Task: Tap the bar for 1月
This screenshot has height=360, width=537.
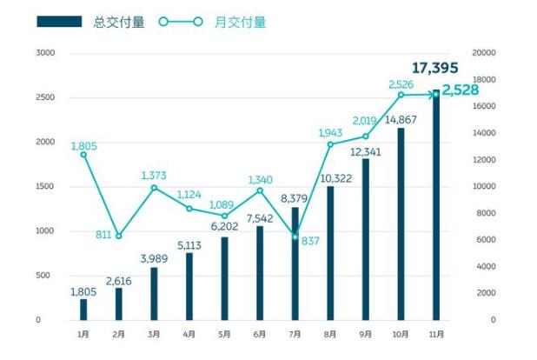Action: [83, 310]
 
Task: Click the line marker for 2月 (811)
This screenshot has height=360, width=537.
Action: [119, 236]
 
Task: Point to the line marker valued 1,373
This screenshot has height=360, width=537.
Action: [154, 187]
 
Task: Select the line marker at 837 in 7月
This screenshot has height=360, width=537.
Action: [295, 237]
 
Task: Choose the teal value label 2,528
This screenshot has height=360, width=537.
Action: [461, 89]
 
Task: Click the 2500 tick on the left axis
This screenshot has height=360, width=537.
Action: [44, 97]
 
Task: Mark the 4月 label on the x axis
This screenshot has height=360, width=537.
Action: [189, 334]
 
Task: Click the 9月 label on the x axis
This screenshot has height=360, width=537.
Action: [365, 334]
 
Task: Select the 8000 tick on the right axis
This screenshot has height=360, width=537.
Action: [481, 213]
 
